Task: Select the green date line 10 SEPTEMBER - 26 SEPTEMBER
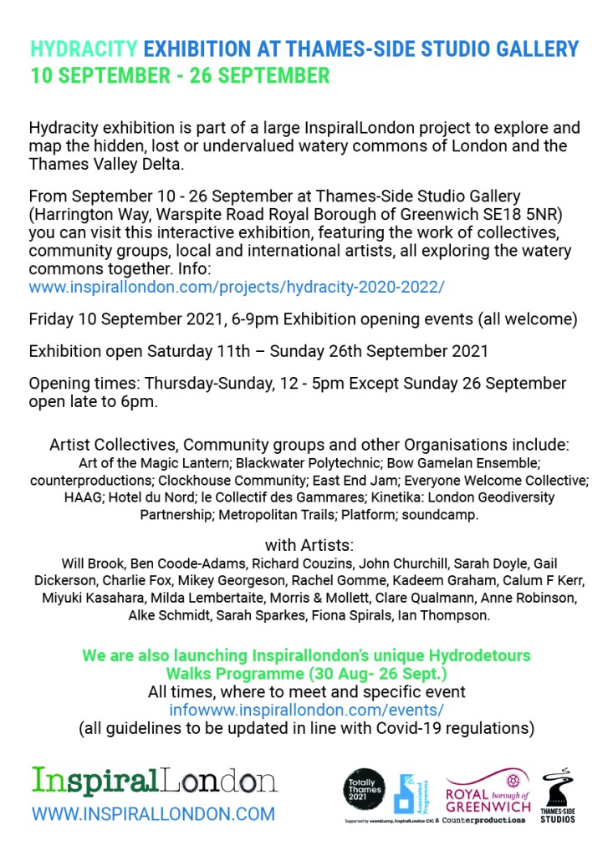coord(180,76)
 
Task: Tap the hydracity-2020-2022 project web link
coord(237,287)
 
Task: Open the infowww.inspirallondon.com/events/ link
coord(306,710)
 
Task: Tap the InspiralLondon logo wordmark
coord(155,781)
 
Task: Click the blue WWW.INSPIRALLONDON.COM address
coord(153,813)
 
